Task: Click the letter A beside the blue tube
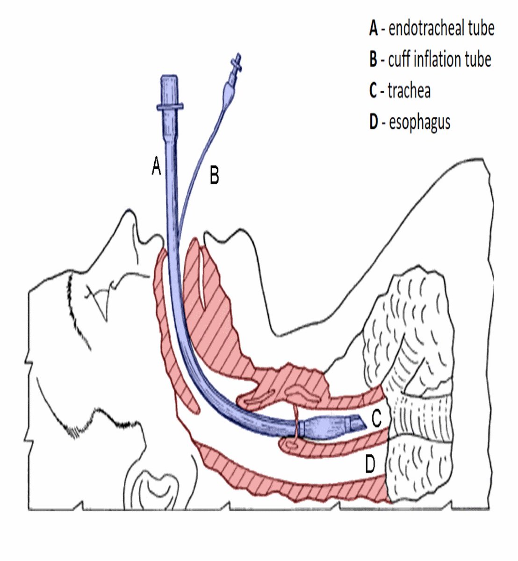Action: (157, 166)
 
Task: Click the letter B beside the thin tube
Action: (214, 176)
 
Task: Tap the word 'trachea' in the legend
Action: (409, 91)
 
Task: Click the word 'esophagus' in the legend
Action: (419, 122)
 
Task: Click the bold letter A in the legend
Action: (373, 29)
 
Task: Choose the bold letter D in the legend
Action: (373, 122)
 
